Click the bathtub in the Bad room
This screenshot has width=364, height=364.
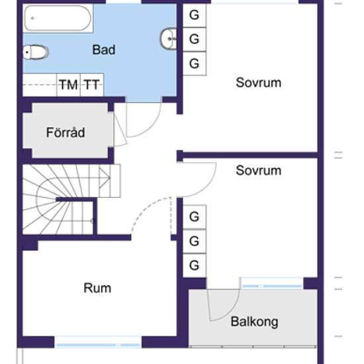(x=58, y=18)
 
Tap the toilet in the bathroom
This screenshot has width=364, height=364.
(x=35, y=52)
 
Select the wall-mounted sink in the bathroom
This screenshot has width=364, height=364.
(x=169, y=38)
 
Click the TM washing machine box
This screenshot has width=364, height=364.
(x=68, y=85)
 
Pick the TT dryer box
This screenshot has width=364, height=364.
(x=92, y=85)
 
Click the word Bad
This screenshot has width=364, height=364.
(x=103, y=50)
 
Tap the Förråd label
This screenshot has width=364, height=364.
(x=66, y=132)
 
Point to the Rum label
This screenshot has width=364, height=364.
(x=97, y=288)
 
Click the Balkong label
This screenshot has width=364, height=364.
(x=254, y=322)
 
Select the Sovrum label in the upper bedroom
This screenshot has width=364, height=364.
(x=259, y=83)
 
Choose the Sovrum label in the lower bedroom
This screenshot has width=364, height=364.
(x=259, y=170)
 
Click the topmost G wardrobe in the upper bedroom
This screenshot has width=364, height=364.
(x=195, y=15)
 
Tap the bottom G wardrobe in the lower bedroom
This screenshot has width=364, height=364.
(x=195, y=265)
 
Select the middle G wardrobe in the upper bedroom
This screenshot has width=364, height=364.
(x=195, y=39)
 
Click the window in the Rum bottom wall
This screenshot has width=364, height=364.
(x=98, y=342)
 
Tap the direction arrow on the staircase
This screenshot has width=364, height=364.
(x=105, y=178)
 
